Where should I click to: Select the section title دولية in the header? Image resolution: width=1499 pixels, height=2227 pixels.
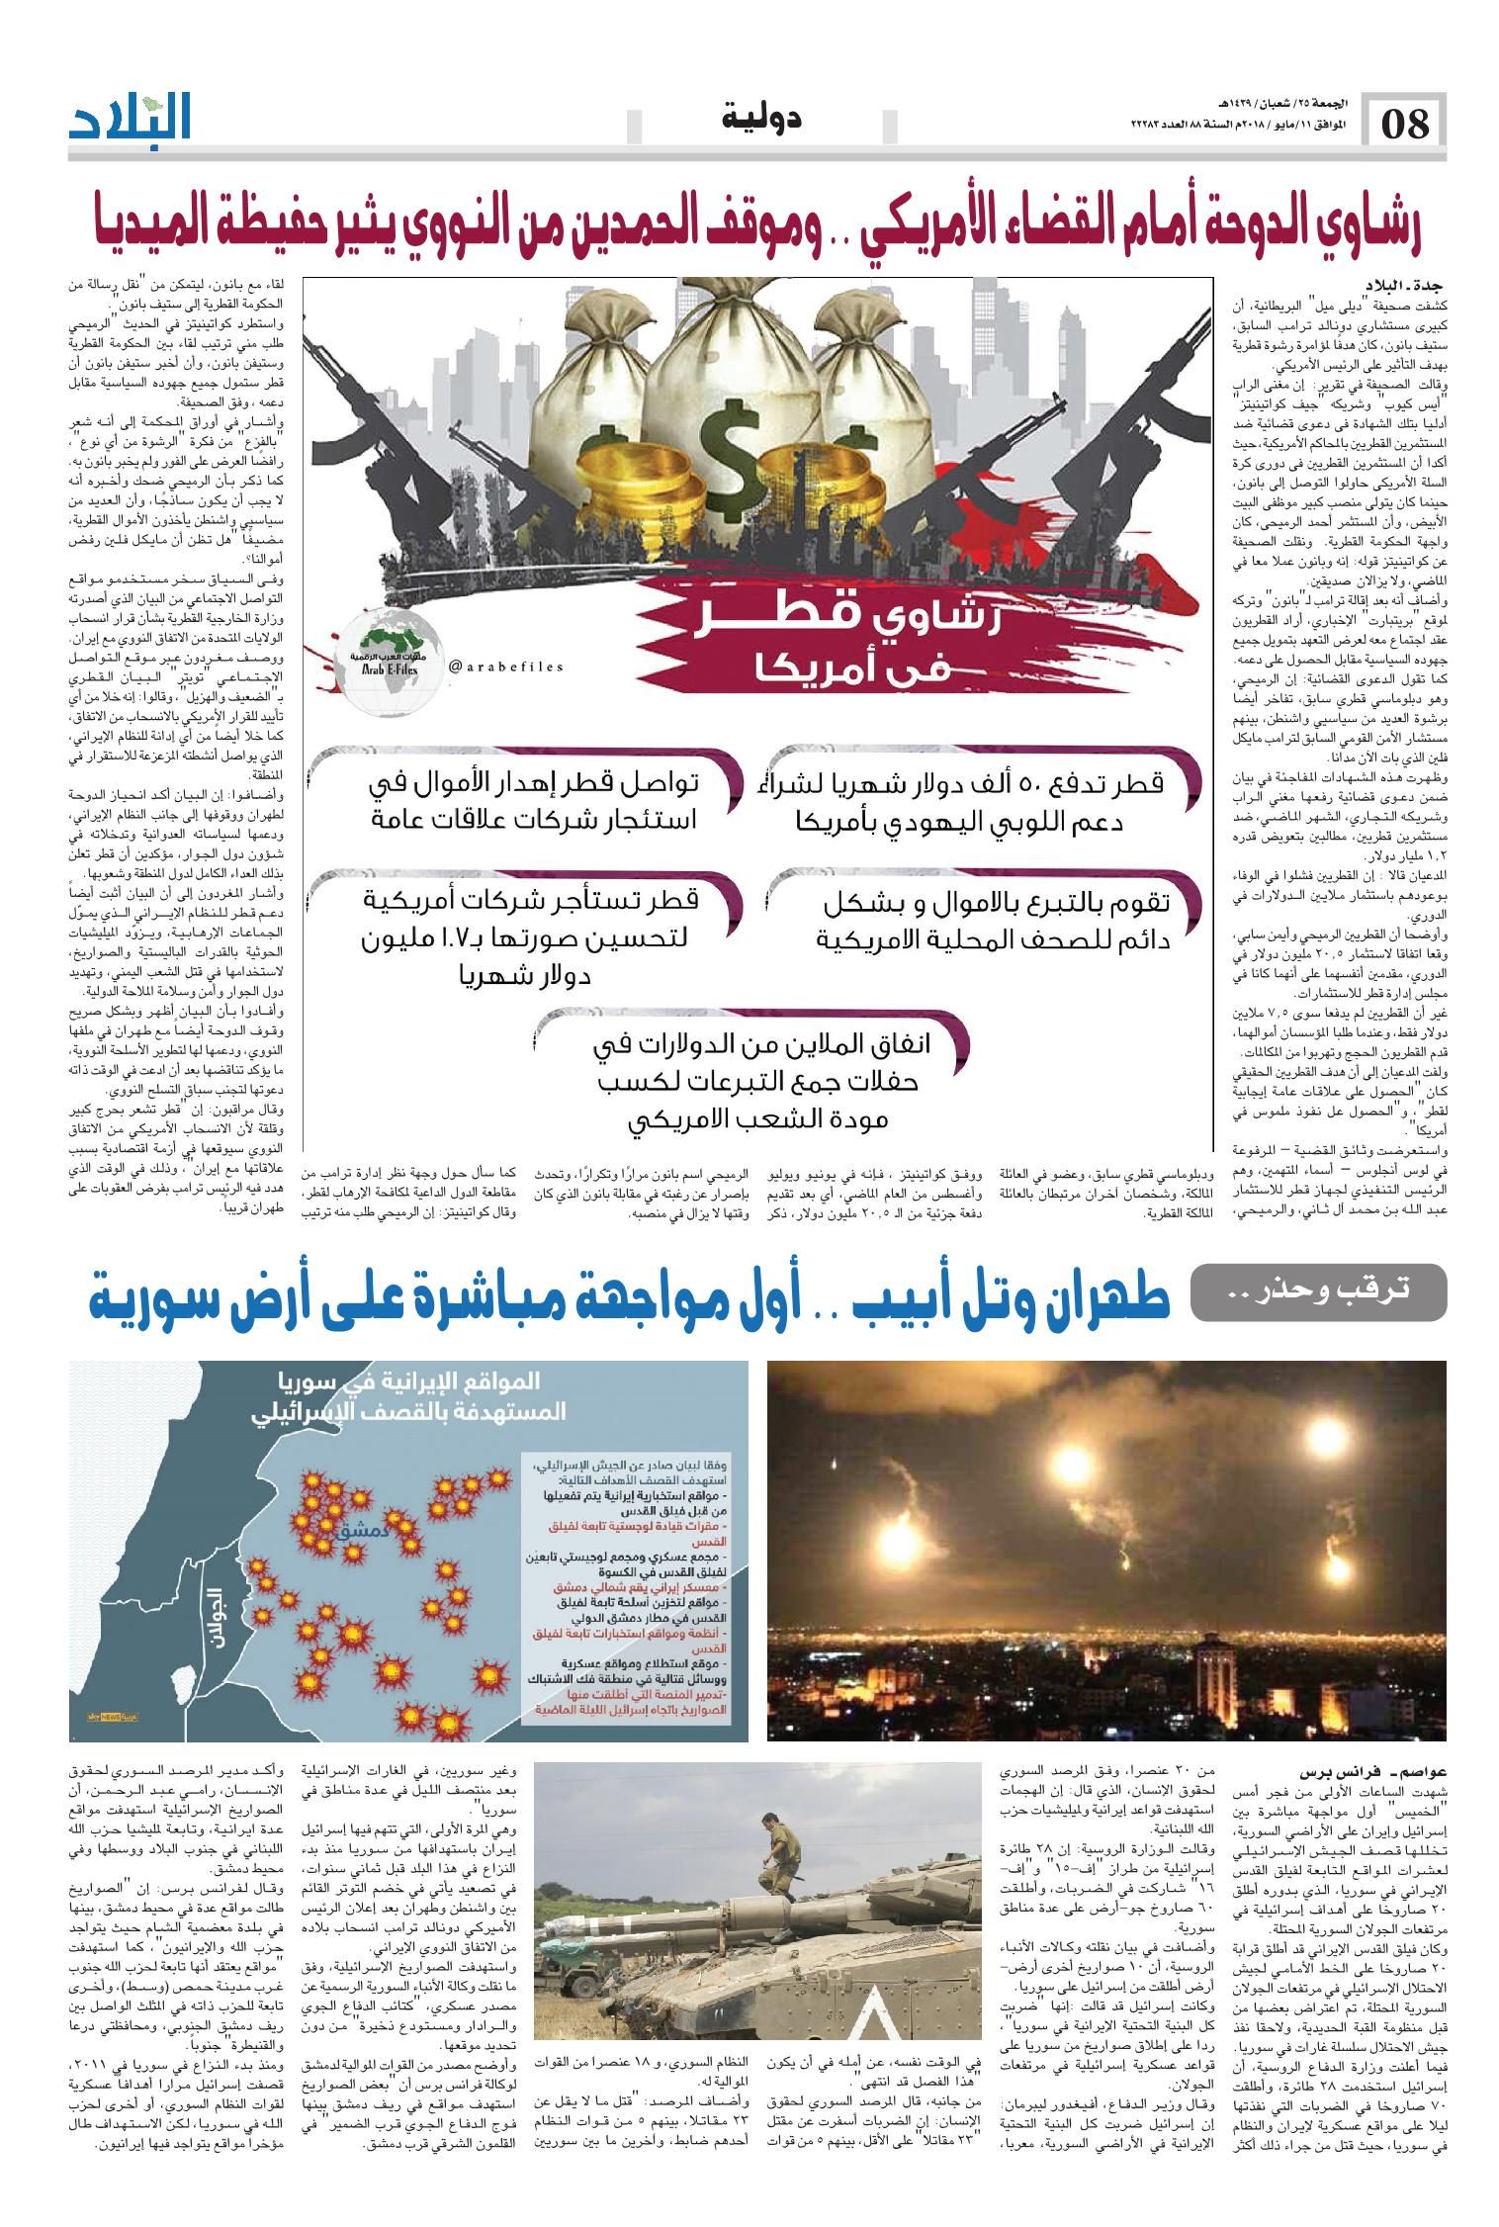(761, 121)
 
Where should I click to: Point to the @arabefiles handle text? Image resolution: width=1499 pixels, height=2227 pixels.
(506, 667)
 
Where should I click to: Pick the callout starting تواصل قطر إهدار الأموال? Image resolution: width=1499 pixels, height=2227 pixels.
(534, 801)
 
